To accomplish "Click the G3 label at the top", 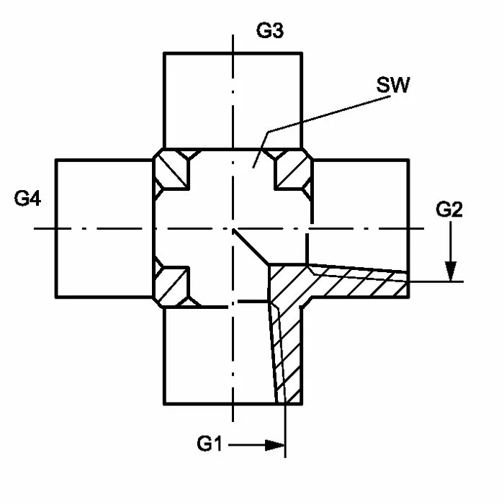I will [269, 32].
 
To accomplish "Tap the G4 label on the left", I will [27, 199].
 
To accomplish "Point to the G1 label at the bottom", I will [211, 444].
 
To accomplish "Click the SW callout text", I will [393, 86].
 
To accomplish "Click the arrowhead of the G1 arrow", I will [276, 445].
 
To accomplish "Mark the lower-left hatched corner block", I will [171, 286].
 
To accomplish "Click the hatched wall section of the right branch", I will [360, 282].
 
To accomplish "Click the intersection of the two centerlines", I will [233, 228].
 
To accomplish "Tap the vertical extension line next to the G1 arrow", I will [286, 432].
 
